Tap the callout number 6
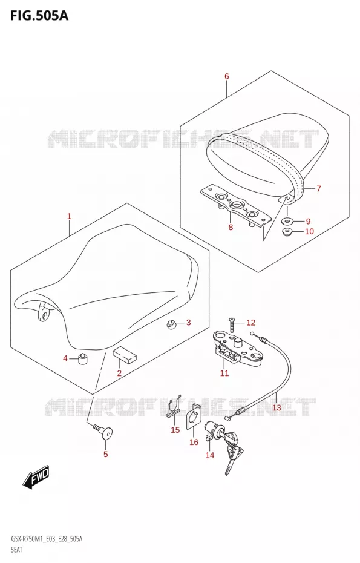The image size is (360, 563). (x=226, y=76)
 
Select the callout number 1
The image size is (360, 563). (x=69, y=216)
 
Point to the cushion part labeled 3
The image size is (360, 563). (x=171, y=324)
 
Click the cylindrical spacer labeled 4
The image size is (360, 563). (x=83, y=358)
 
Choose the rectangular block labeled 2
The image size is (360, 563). (x=125, y=354)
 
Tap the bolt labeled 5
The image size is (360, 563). (x=103, y=431)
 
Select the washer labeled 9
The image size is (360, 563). (x=288, y=221)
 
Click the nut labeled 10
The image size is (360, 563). (x=288, y=231)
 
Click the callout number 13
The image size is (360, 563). (x=277, y=407)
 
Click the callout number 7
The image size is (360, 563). (x=319, y=188)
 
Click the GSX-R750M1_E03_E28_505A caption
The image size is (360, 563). (x=46, y=539)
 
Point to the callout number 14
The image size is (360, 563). (x=209, y=455)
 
